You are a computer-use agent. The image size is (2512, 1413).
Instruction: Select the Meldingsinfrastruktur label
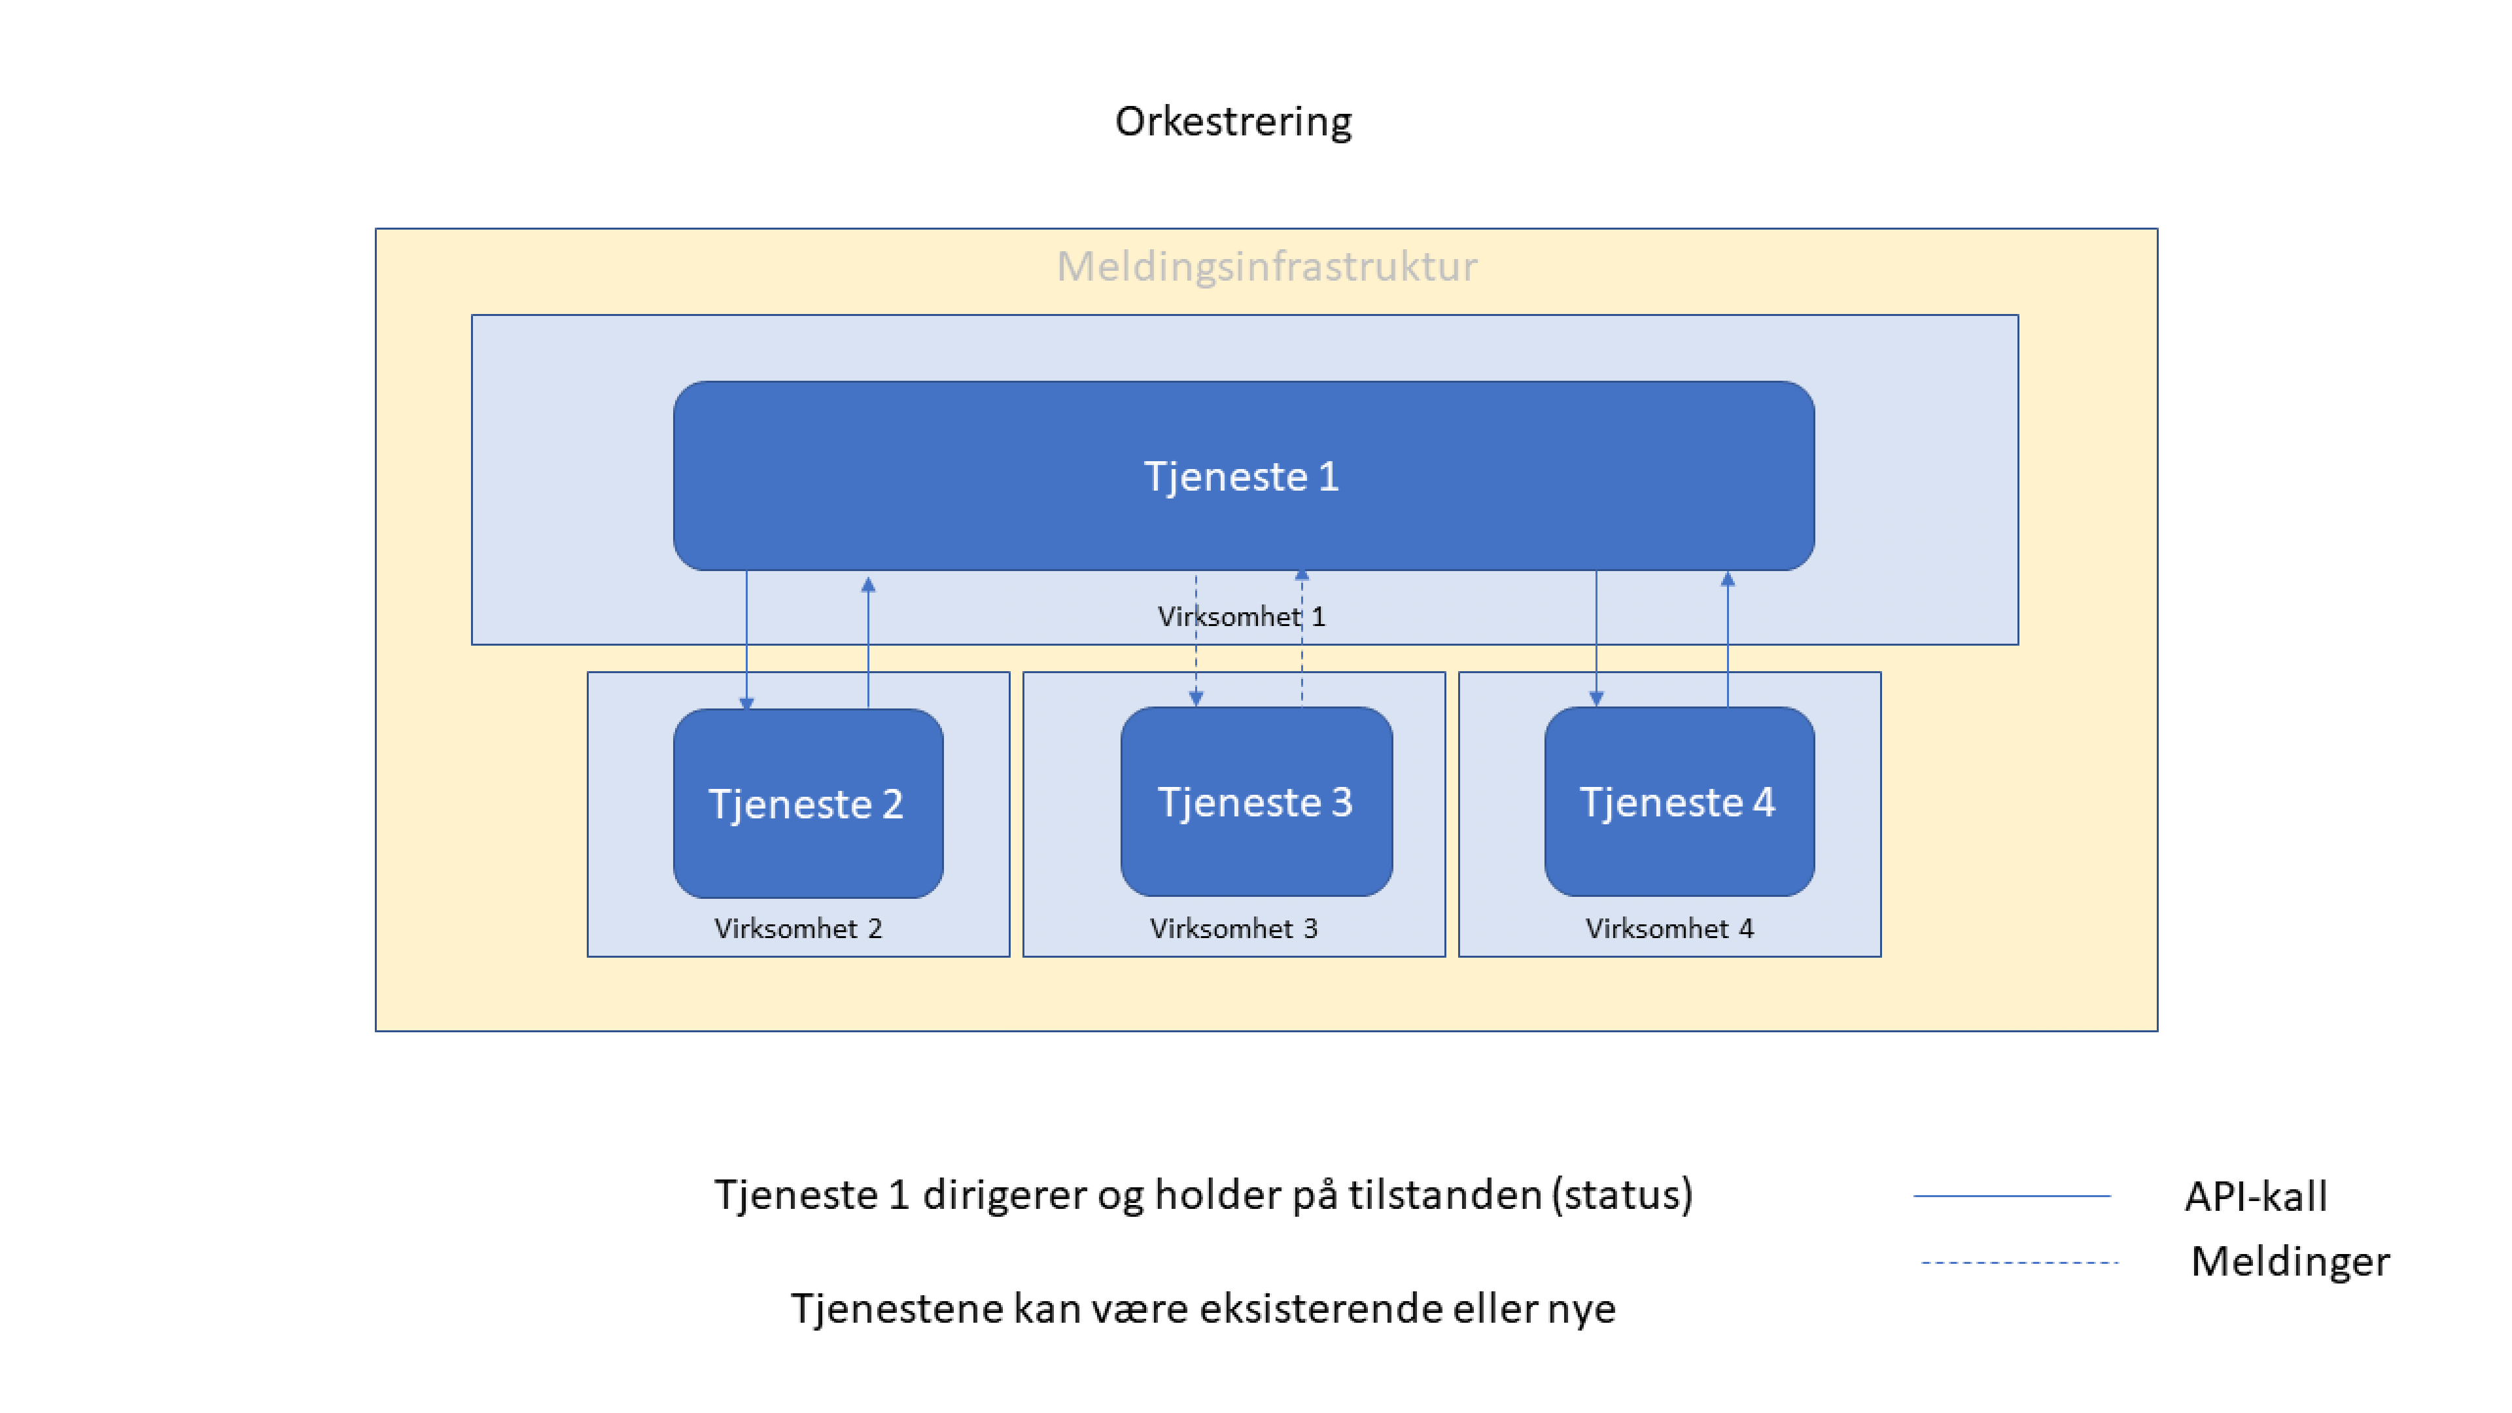click(x=1266, y=266)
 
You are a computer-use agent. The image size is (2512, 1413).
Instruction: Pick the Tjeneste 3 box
click(x=1256, y=801)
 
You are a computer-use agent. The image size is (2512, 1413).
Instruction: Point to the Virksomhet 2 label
click(x=797, y=928)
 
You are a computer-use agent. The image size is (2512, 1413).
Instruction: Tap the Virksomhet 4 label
click(x=1669, y=928)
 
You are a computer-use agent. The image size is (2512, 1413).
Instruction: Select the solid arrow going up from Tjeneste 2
click(x=868, y=644)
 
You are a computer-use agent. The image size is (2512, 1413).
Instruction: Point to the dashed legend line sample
click(x=2019, y=1262)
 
